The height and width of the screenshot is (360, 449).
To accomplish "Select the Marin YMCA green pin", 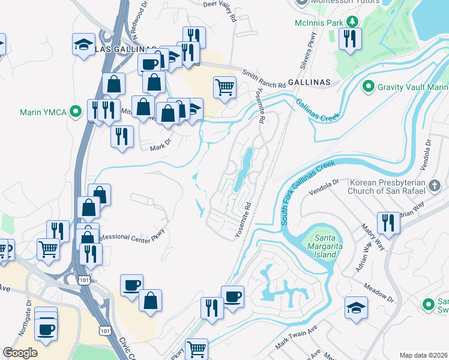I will click(x=75, y=111).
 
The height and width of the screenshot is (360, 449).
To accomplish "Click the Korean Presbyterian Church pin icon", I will click(x=436, y=186).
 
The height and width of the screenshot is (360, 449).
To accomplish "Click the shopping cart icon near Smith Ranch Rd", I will click(x=224, y=88).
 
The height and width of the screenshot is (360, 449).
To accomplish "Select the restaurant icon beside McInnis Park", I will click(x=348, y=39).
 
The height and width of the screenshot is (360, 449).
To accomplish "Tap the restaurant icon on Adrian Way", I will click(x=388, y=223).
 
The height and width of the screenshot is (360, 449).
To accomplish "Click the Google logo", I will click(x=20, y=353).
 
